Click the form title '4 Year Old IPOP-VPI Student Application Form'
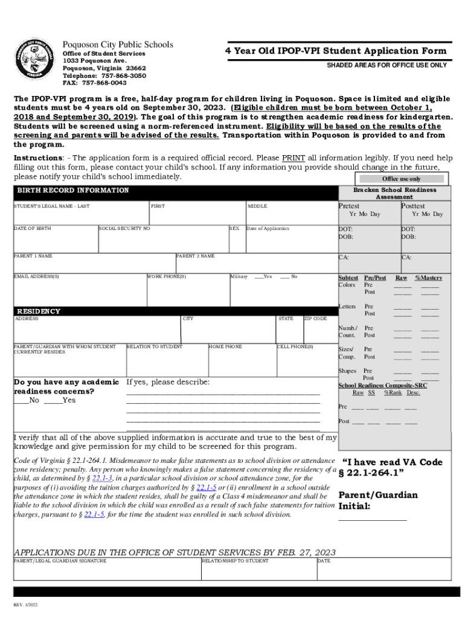coord(336,51)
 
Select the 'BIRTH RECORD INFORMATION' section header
coord(72,190)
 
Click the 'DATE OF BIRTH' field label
coord(33,229)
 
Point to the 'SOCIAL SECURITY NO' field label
coord(125,229)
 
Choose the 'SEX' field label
coord(234,229)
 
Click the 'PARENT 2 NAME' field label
coord(195,256)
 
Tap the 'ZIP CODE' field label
coord(315,319)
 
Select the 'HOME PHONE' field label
coord(225,347)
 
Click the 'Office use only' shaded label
coord(402,179)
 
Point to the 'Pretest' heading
coord(348,206)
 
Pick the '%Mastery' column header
coord(428,278)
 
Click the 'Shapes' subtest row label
coord(347,371)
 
